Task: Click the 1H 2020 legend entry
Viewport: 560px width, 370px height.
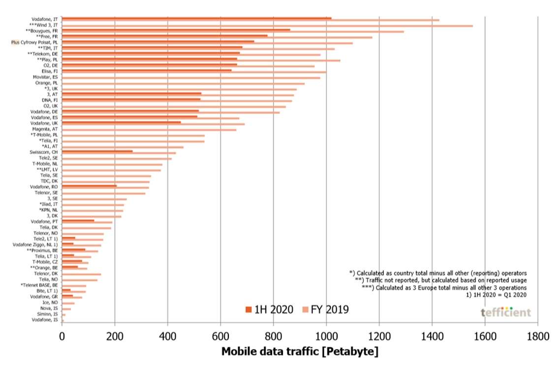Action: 269,310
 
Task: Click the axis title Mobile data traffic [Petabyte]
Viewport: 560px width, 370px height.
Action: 300,352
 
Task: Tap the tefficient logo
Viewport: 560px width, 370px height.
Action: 506,313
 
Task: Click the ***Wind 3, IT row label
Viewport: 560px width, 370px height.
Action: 44,25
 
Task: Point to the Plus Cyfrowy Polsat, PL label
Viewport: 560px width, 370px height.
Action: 34,42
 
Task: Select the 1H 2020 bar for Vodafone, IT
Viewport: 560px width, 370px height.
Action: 197,18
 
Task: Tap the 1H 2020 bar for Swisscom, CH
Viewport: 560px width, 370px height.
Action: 97,151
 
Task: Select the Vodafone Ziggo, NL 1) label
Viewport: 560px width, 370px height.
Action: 36,245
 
